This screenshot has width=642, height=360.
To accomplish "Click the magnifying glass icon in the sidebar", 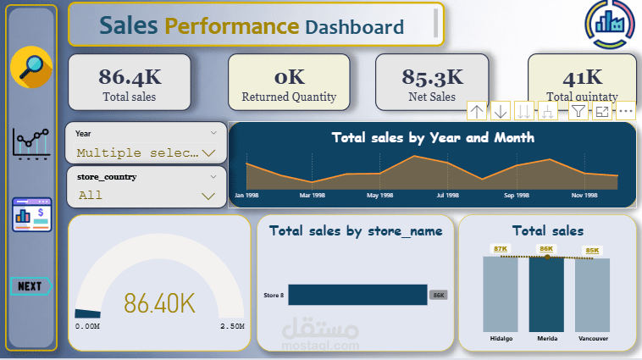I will click(x=31, y=68).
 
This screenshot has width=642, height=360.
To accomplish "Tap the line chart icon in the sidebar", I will click(x=31, y=143).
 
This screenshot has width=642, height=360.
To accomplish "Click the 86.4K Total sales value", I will click(x=130, y=76).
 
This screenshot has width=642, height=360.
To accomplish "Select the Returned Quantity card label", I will click(x=289, y=97).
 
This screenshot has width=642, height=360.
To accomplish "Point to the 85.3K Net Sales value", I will click(x=432, y=77).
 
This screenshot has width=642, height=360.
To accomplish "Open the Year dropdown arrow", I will click(x=208, y=153).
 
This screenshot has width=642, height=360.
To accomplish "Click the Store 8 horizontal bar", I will click(x=357, y=294).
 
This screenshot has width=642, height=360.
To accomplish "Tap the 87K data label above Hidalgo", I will click(x=501, y=249).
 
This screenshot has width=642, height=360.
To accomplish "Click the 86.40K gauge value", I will click(x=160, y=302).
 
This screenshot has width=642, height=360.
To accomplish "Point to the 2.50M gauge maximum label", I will click(x=232, y=326).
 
